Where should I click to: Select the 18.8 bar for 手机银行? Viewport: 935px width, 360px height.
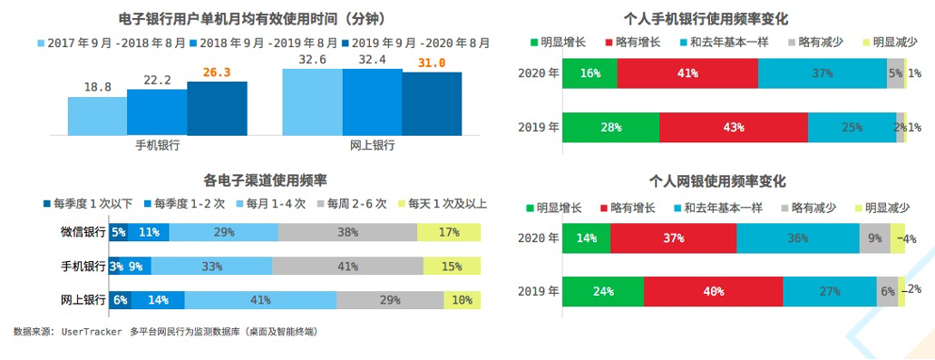pyautogui.click(x=97, y=115)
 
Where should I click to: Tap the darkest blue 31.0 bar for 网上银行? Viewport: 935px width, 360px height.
pyautogui.click(x=432, y=103)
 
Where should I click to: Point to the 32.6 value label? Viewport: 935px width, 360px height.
pyautogui.click(x=311, y=60)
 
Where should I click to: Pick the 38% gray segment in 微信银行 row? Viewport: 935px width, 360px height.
pyautogui.click(x=347, y=233)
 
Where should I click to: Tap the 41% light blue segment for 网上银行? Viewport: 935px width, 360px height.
pyautogui.click(x=260, y=300)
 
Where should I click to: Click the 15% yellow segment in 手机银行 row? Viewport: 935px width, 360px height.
pyautogui.click(x=452, y=267)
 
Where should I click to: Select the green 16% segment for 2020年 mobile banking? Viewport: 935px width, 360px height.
pyautogui.click(x=589, y=73)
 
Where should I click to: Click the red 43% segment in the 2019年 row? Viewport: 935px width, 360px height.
pyautogui.click(x=733, y=127)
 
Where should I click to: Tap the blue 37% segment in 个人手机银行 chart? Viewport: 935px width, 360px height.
pyautogui.click(x=823, y=73)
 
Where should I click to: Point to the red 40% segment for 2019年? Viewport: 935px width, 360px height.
pyautogui.click(x=713, y=292)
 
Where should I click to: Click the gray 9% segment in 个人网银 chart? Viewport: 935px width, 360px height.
pyautogui.click(x=874, y=238)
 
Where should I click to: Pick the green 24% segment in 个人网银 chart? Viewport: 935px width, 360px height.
pyautogui.click(x=603, y=292)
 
